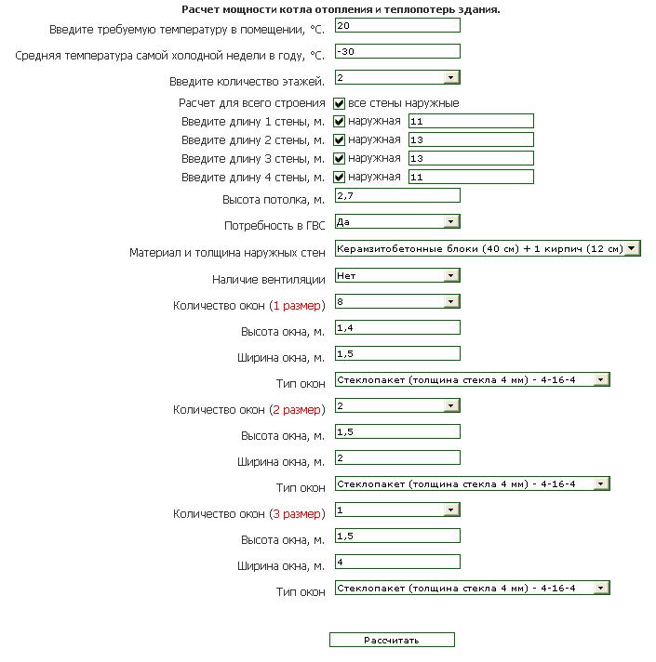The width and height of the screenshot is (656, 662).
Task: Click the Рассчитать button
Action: pos(392,640)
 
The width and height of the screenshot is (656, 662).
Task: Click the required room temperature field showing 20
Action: pos(397,25)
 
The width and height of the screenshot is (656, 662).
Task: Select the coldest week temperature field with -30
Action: pos(397,51)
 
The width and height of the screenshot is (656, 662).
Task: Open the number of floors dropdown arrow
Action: pos(451,77)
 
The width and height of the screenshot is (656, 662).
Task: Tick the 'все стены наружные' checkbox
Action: pos(340,103)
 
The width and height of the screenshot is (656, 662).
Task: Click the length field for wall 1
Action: pos(471,121)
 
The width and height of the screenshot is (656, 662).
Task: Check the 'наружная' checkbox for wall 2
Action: pos(340,139)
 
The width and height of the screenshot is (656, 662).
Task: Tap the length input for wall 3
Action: pos(471,158)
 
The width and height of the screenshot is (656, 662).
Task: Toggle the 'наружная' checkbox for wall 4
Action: pos(340,177)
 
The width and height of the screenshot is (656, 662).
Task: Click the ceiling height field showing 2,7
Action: pos(397,195)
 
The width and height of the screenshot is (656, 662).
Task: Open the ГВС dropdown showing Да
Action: pos(397,221)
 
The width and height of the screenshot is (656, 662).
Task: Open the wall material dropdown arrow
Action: pos(632,248)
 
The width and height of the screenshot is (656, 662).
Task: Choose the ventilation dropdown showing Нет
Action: pos(397,275)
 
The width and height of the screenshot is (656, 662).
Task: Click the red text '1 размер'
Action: pos(297,305)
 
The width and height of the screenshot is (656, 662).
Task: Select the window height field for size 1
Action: pos(397,327)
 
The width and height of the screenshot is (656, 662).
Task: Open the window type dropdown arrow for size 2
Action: pos(601,483)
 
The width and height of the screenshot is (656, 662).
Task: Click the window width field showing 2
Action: pos(397,457)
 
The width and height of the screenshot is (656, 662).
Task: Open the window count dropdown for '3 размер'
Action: pos(397,510)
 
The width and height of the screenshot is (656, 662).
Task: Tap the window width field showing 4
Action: pos(397,562)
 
